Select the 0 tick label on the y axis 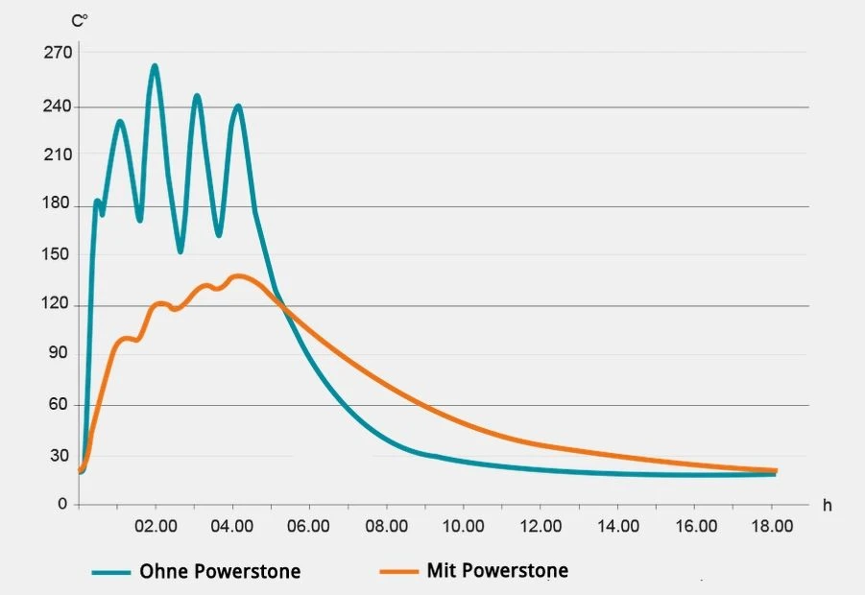click(x=62, y=504)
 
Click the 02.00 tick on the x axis click(x=156, y=526)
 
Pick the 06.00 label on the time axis click(x=310, y=526)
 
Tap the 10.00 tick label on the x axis click(x=465, y=526)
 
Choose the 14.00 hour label click(x=618, y=526)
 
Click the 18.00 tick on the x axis click(x=772, y=526)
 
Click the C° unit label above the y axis click(x=81, y=18)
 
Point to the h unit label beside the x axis click(x=826, y=505)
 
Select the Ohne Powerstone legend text click(x=220, y=572)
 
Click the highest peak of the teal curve click(x=155, y=65)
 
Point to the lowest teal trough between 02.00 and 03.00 click(x=180, y=251)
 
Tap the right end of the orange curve click(x=775, y=470)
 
